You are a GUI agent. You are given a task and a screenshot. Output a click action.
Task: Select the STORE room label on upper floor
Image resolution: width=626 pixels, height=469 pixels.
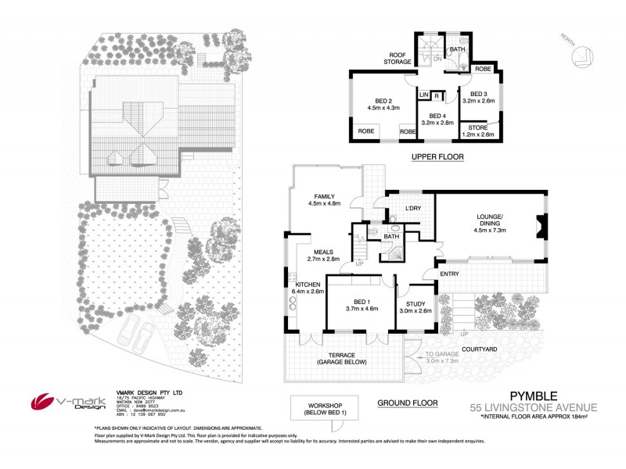(x=477, y=127)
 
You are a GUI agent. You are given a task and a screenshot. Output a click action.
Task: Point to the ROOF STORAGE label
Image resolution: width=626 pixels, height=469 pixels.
(x=398, y=59)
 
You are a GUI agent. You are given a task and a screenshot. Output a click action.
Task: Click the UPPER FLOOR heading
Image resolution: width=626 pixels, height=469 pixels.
(x=437, y=157)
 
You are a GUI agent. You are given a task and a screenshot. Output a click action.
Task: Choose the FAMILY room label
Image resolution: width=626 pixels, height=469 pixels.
(x=323, y=197)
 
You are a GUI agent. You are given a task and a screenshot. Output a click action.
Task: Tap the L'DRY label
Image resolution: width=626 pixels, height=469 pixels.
(x=413, y=208)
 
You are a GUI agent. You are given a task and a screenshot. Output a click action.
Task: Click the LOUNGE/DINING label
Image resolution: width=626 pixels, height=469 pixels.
(x=490, y=220)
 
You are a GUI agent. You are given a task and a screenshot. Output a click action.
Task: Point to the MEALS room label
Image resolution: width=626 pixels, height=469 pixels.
(x=322, y=252)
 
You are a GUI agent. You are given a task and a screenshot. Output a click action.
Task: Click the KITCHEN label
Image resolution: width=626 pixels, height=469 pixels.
(x=308, y=284)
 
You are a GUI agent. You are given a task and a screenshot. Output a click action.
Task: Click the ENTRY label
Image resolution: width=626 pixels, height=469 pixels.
(x=449, y=274)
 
